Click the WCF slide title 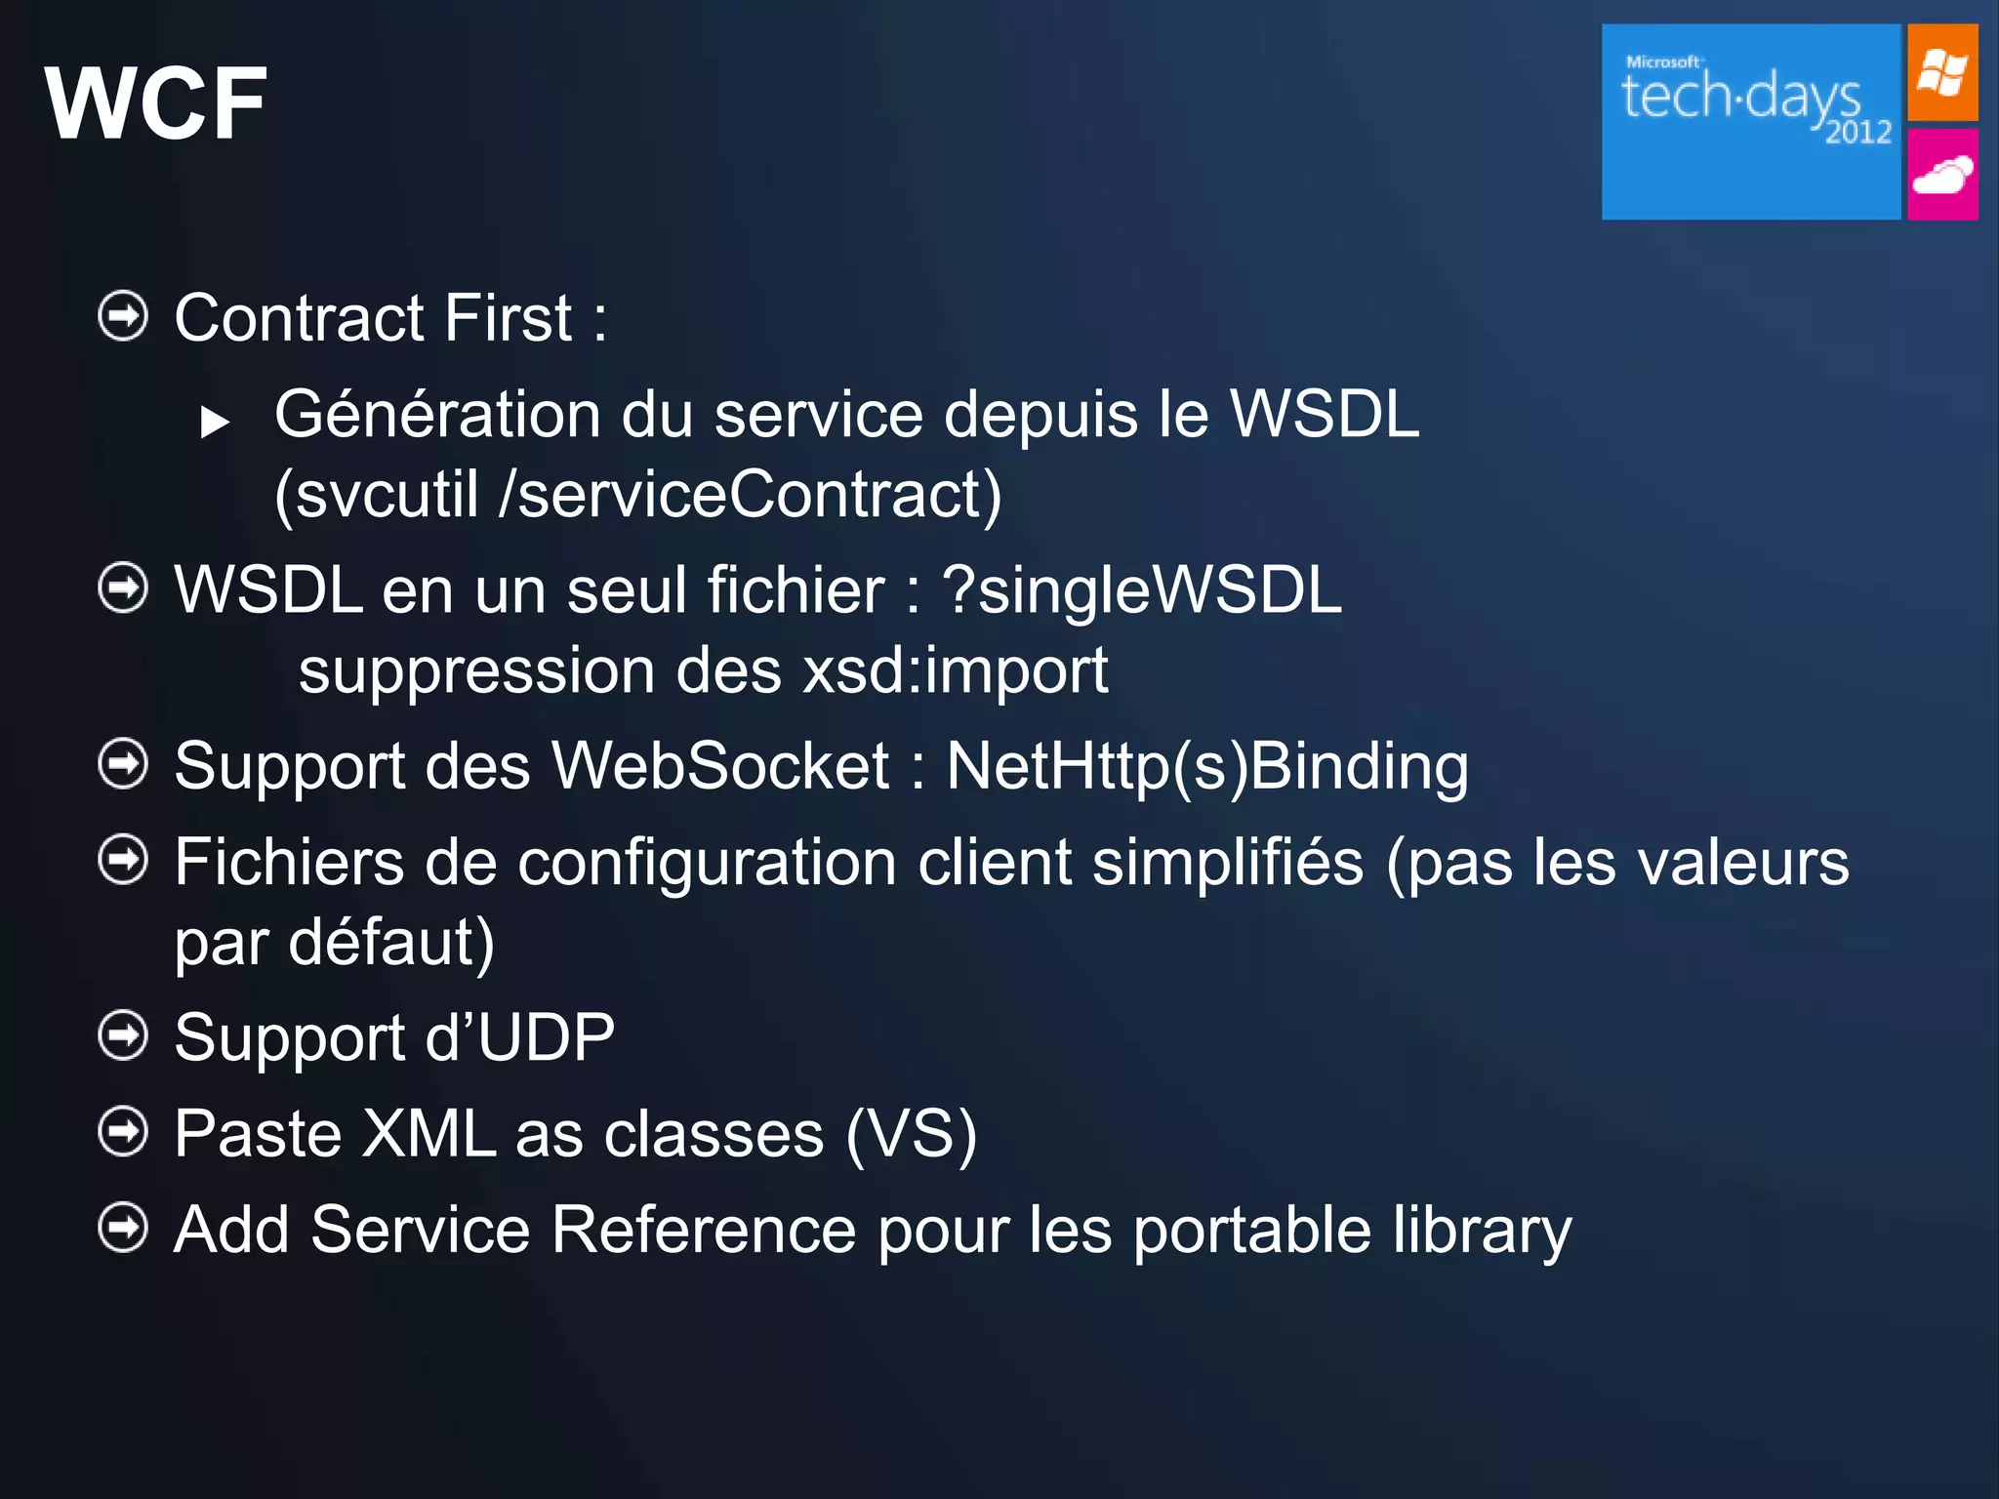coord(156,103)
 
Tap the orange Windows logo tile coord(1941,73)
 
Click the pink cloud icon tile coord(1941,176)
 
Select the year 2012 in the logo coord(1857,132)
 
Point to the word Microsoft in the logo coord(1662,61)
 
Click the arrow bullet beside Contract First coord(123,316)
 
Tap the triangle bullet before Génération coord(215,422)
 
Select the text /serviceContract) coord(750,495)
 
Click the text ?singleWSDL coord(1141,590)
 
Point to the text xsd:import coord(955,671)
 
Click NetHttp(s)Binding coord(1206,767)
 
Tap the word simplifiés coord(1227,863)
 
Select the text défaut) coord(390,943)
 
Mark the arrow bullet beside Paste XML coord(123,1132)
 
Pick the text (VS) coord(911,1134)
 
